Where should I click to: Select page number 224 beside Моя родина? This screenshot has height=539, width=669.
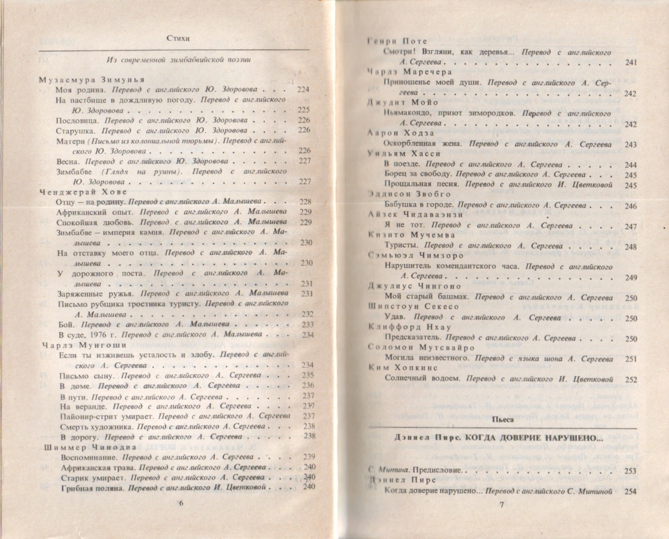coord(304,89)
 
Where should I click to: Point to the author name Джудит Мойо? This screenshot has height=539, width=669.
coord(396,103)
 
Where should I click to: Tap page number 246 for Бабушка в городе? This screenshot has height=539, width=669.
coord(631,206)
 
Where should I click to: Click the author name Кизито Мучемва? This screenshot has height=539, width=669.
coord(404,235)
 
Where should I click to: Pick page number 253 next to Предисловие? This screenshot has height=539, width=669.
coord(631,470)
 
